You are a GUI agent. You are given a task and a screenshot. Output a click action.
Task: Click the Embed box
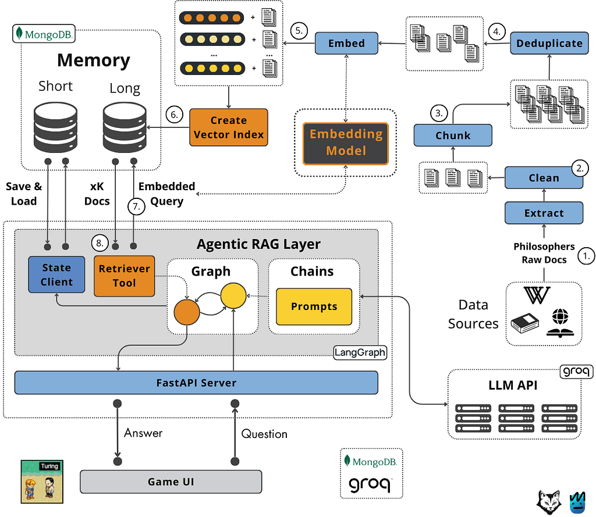click(346, 43)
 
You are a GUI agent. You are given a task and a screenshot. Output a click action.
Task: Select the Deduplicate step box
click(548, 43)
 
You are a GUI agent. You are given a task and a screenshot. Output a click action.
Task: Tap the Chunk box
click(453, 136)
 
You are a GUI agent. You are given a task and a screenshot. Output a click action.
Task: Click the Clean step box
click(544, 178)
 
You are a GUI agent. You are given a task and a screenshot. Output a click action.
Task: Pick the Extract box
click(544, 213)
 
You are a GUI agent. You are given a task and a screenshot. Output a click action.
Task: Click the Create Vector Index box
click(229, 127)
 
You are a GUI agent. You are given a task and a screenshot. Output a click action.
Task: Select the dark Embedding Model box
click(346, 142)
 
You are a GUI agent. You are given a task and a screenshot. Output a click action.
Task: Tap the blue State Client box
click(56, 275)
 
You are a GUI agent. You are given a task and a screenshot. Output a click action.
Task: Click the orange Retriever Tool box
click(125, 276)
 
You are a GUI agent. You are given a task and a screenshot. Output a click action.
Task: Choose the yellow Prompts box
click(314, 306)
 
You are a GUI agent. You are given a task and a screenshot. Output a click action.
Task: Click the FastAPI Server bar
click(196, 383)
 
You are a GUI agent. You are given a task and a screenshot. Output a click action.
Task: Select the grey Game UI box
click(171, 482)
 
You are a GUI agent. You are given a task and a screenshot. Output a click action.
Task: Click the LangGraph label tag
click(360, 352)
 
